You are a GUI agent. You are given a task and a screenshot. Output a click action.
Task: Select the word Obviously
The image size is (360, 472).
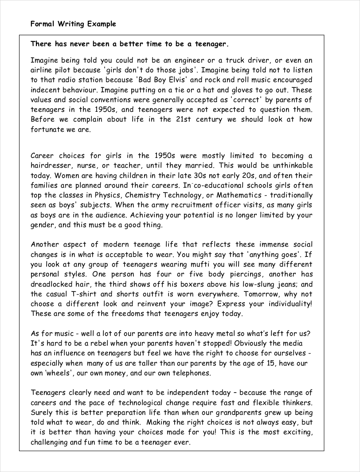[x=254, y=343]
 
